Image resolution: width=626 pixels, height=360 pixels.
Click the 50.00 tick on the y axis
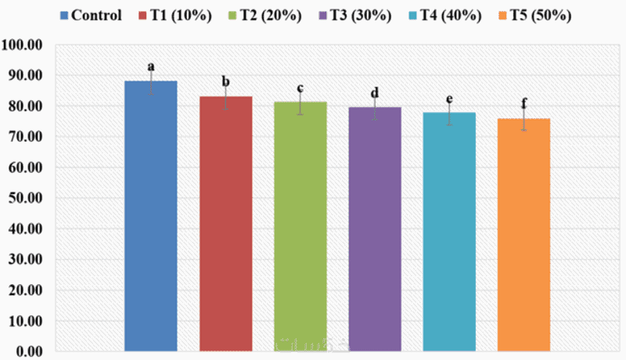[x=25, y=198]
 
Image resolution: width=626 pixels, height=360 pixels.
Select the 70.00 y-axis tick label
[x=25, y=137]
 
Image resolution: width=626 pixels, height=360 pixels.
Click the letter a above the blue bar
[x=150, y=67]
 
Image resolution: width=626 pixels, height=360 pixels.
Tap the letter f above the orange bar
[x=523, y=103]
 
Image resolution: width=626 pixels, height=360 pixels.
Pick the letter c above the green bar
[x=300, y=88]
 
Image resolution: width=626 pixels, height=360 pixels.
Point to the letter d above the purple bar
[x=375, y=93]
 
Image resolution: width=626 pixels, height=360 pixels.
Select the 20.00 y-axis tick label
[x=25, y=290]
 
